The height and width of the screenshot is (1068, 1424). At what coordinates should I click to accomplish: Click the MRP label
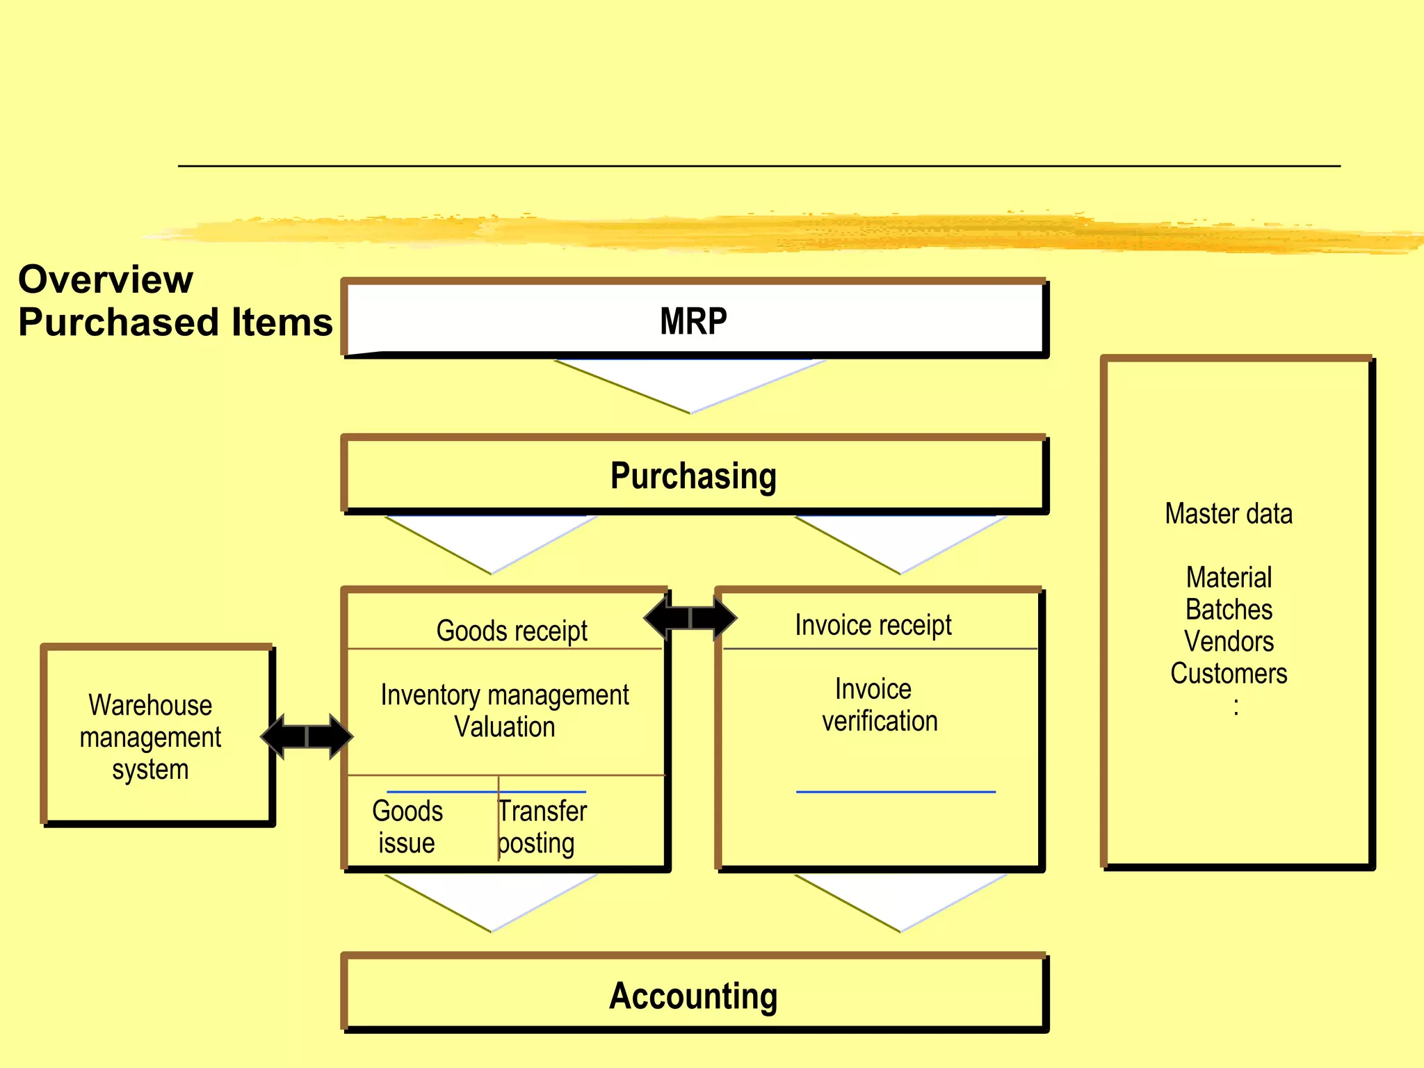click(693, 321)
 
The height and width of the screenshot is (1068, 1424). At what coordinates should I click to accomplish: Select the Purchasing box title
click(693, 476)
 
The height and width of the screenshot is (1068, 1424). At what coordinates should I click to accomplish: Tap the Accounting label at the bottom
click(693, 996)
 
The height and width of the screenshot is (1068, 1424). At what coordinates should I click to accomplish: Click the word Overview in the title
click(106, 280)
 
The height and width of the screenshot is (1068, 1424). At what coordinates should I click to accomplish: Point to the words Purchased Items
click(175, 323)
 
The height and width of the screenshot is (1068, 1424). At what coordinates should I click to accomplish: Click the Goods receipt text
click(512, 631)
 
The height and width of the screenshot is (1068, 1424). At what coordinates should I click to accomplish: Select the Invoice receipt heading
click(873, 624)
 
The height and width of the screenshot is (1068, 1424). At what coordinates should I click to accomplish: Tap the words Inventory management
click(505, 695)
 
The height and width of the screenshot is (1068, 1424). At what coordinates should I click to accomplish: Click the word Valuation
click(505, 727)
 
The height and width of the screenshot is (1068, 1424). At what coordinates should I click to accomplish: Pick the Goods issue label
click(407, 827)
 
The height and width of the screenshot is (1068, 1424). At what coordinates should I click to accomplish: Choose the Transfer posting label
click(542, 827)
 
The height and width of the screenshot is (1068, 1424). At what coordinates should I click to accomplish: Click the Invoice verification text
click(879, 705)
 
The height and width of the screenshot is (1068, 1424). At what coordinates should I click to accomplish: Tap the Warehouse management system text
click(150, 737)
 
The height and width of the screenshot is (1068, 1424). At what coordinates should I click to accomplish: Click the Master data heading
click(1229, 514)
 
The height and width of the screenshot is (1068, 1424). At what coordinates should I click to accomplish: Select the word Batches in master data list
click(1229, 609)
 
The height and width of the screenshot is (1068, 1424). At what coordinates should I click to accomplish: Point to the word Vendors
click(1229, 641)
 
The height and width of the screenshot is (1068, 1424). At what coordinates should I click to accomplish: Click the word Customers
click(1229, 673)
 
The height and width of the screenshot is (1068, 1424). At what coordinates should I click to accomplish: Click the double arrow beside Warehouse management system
click(307, 736)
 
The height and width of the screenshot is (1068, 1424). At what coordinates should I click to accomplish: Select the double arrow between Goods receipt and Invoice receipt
click(690, 617)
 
